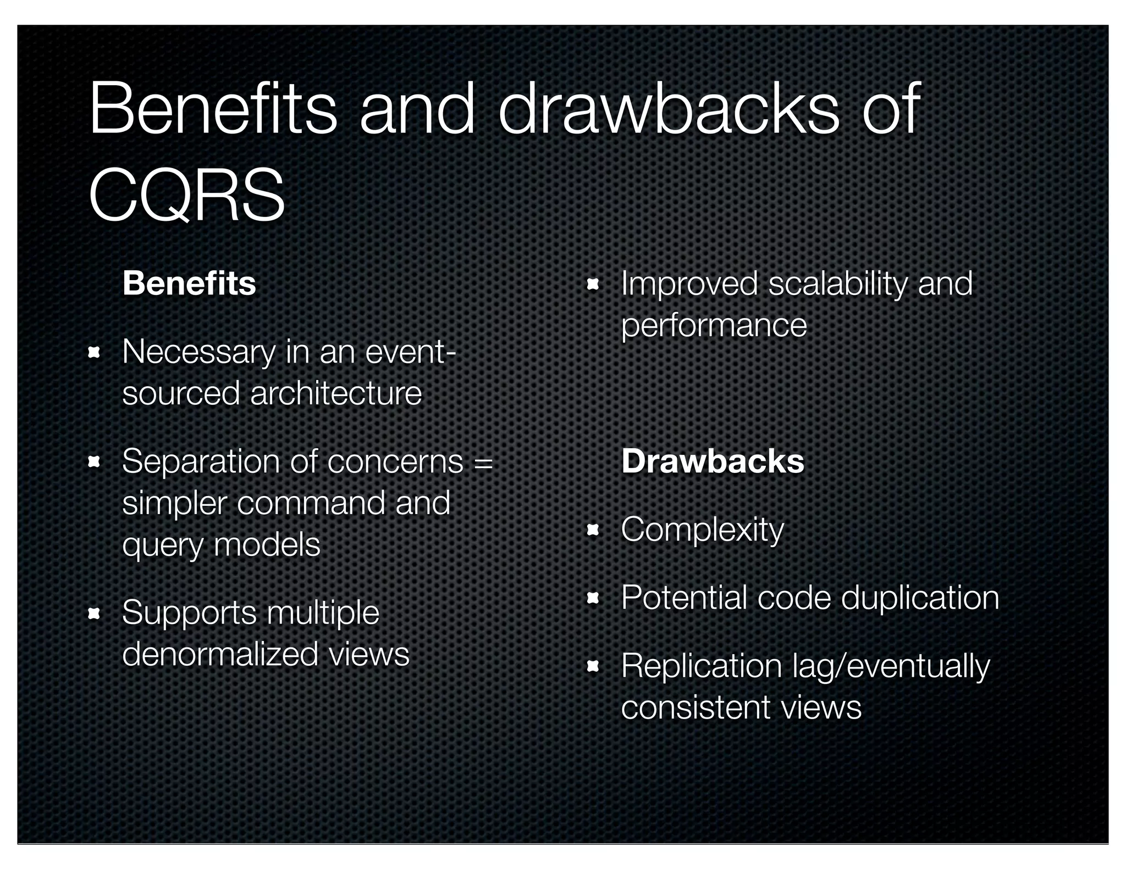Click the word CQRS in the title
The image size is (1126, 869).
coord(186,195)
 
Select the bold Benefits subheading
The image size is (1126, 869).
coord(189,283)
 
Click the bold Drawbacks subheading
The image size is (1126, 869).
coord(713,461)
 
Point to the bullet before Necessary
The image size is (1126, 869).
coord(93,352)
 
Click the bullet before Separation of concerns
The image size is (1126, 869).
coord(93,462)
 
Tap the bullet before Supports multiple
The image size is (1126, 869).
coord(93,613)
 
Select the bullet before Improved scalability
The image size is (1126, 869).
coord(592,285)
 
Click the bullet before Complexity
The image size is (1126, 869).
coord(592,531)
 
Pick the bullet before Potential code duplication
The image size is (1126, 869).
coord(592,598)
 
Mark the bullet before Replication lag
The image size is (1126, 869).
coord(592,667)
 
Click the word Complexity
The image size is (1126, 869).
coord(702,530)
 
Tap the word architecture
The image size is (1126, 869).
coord(336,393)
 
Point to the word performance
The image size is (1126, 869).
coord(714,325)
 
